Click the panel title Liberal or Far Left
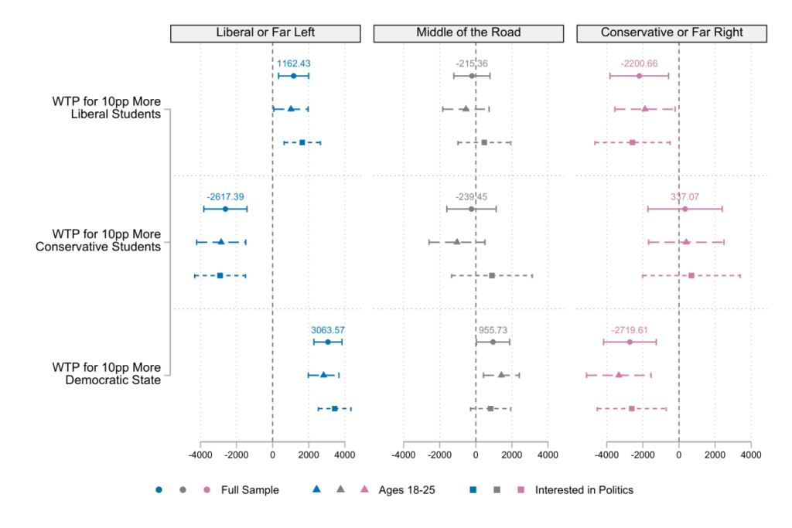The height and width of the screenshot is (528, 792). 265,32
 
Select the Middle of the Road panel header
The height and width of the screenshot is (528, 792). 469,32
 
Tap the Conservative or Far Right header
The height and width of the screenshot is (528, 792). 671,32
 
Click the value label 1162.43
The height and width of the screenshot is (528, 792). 294,63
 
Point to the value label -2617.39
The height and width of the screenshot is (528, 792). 225,196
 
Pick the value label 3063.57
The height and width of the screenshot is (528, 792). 328,330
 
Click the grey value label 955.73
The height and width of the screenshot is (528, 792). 493,330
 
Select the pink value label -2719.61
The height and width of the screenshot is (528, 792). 630,330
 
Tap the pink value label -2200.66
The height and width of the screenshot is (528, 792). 639,63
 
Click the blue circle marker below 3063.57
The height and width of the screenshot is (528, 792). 328,342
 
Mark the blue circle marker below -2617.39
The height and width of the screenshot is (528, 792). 225,209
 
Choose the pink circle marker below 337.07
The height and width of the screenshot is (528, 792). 685,209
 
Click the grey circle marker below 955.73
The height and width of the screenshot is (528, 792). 493,342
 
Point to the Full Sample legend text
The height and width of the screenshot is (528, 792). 250,489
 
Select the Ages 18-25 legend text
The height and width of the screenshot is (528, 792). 407,489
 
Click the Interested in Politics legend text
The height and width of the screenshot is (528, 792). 584,489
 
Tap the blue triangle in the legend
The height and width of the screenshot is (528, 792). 316,489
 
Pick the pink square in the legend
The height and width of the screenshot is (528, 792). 521,489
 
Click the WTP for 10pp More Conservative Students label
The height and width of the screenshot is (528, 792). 98,240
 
